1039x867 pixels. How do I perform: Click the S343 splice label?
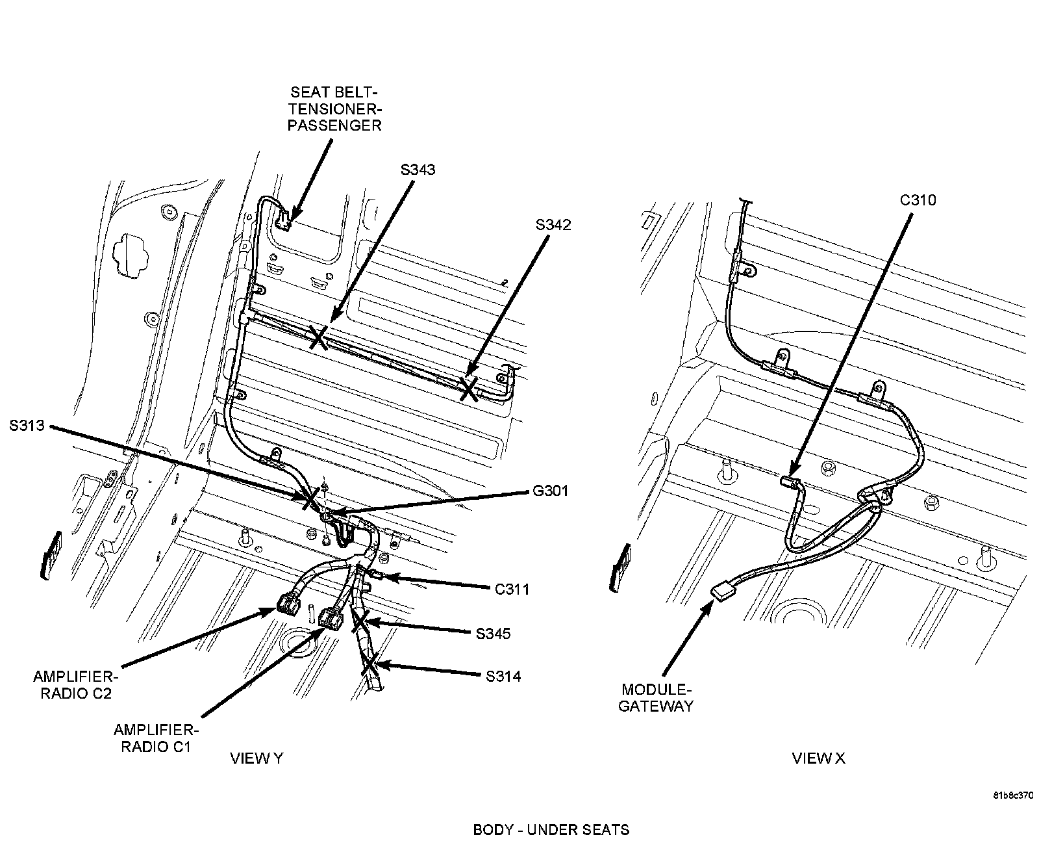pyautogui.click(x=418, y=170)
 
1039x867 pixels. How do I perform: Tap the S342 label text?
pyautogui.click(x=553, y=225)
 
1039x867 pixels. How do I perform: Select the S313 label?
pyautogui.click(x=27, y=426)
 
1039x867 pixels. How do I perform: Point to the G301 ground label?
pyautogui.click(x=550, y=491)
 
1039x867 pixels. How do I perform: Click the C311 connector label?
pyautogui.click(x=512, y=589)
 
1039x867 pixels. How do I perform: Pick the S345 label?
pyautogui.click(x=493, y=634)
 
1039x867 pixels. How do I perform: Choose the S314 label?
pyautogui.click(x=503, y=677)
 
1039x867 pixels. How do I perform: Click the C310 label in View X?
pyautogui.click(x=918, y=200)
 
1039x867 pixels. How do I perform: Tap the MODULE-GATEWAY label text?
pyautogui.click(x=656, y=698)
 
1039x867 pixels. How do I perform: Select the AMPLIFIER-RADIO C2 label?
pyautogui.click(x=76, y=685)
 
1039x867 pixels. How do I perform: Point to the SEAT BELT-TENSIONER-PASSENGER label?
pyautogui.click(x=334, y=109)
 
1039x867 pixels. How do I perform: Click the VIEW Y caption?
pyautogui.click(x=257, y=758)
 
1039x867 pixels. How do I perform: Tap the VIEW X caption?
pyautogui.click(x=818, y=758)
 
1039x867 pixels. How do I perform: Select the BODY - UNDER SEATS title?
pyautogui.click(x=551, y=830)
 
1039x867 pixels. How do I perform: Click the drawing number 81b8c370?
pyautogui.click(x=1012, y=796)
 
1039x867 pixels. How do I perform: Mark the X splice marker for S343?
pyautogui.click(x=318, y=337)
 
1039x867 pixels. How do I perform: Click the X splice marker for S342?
pyautogui.click(x=468, y=389)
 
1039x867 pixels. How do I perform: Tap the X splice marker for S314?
pyautogui.click(x=370, y=666)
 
